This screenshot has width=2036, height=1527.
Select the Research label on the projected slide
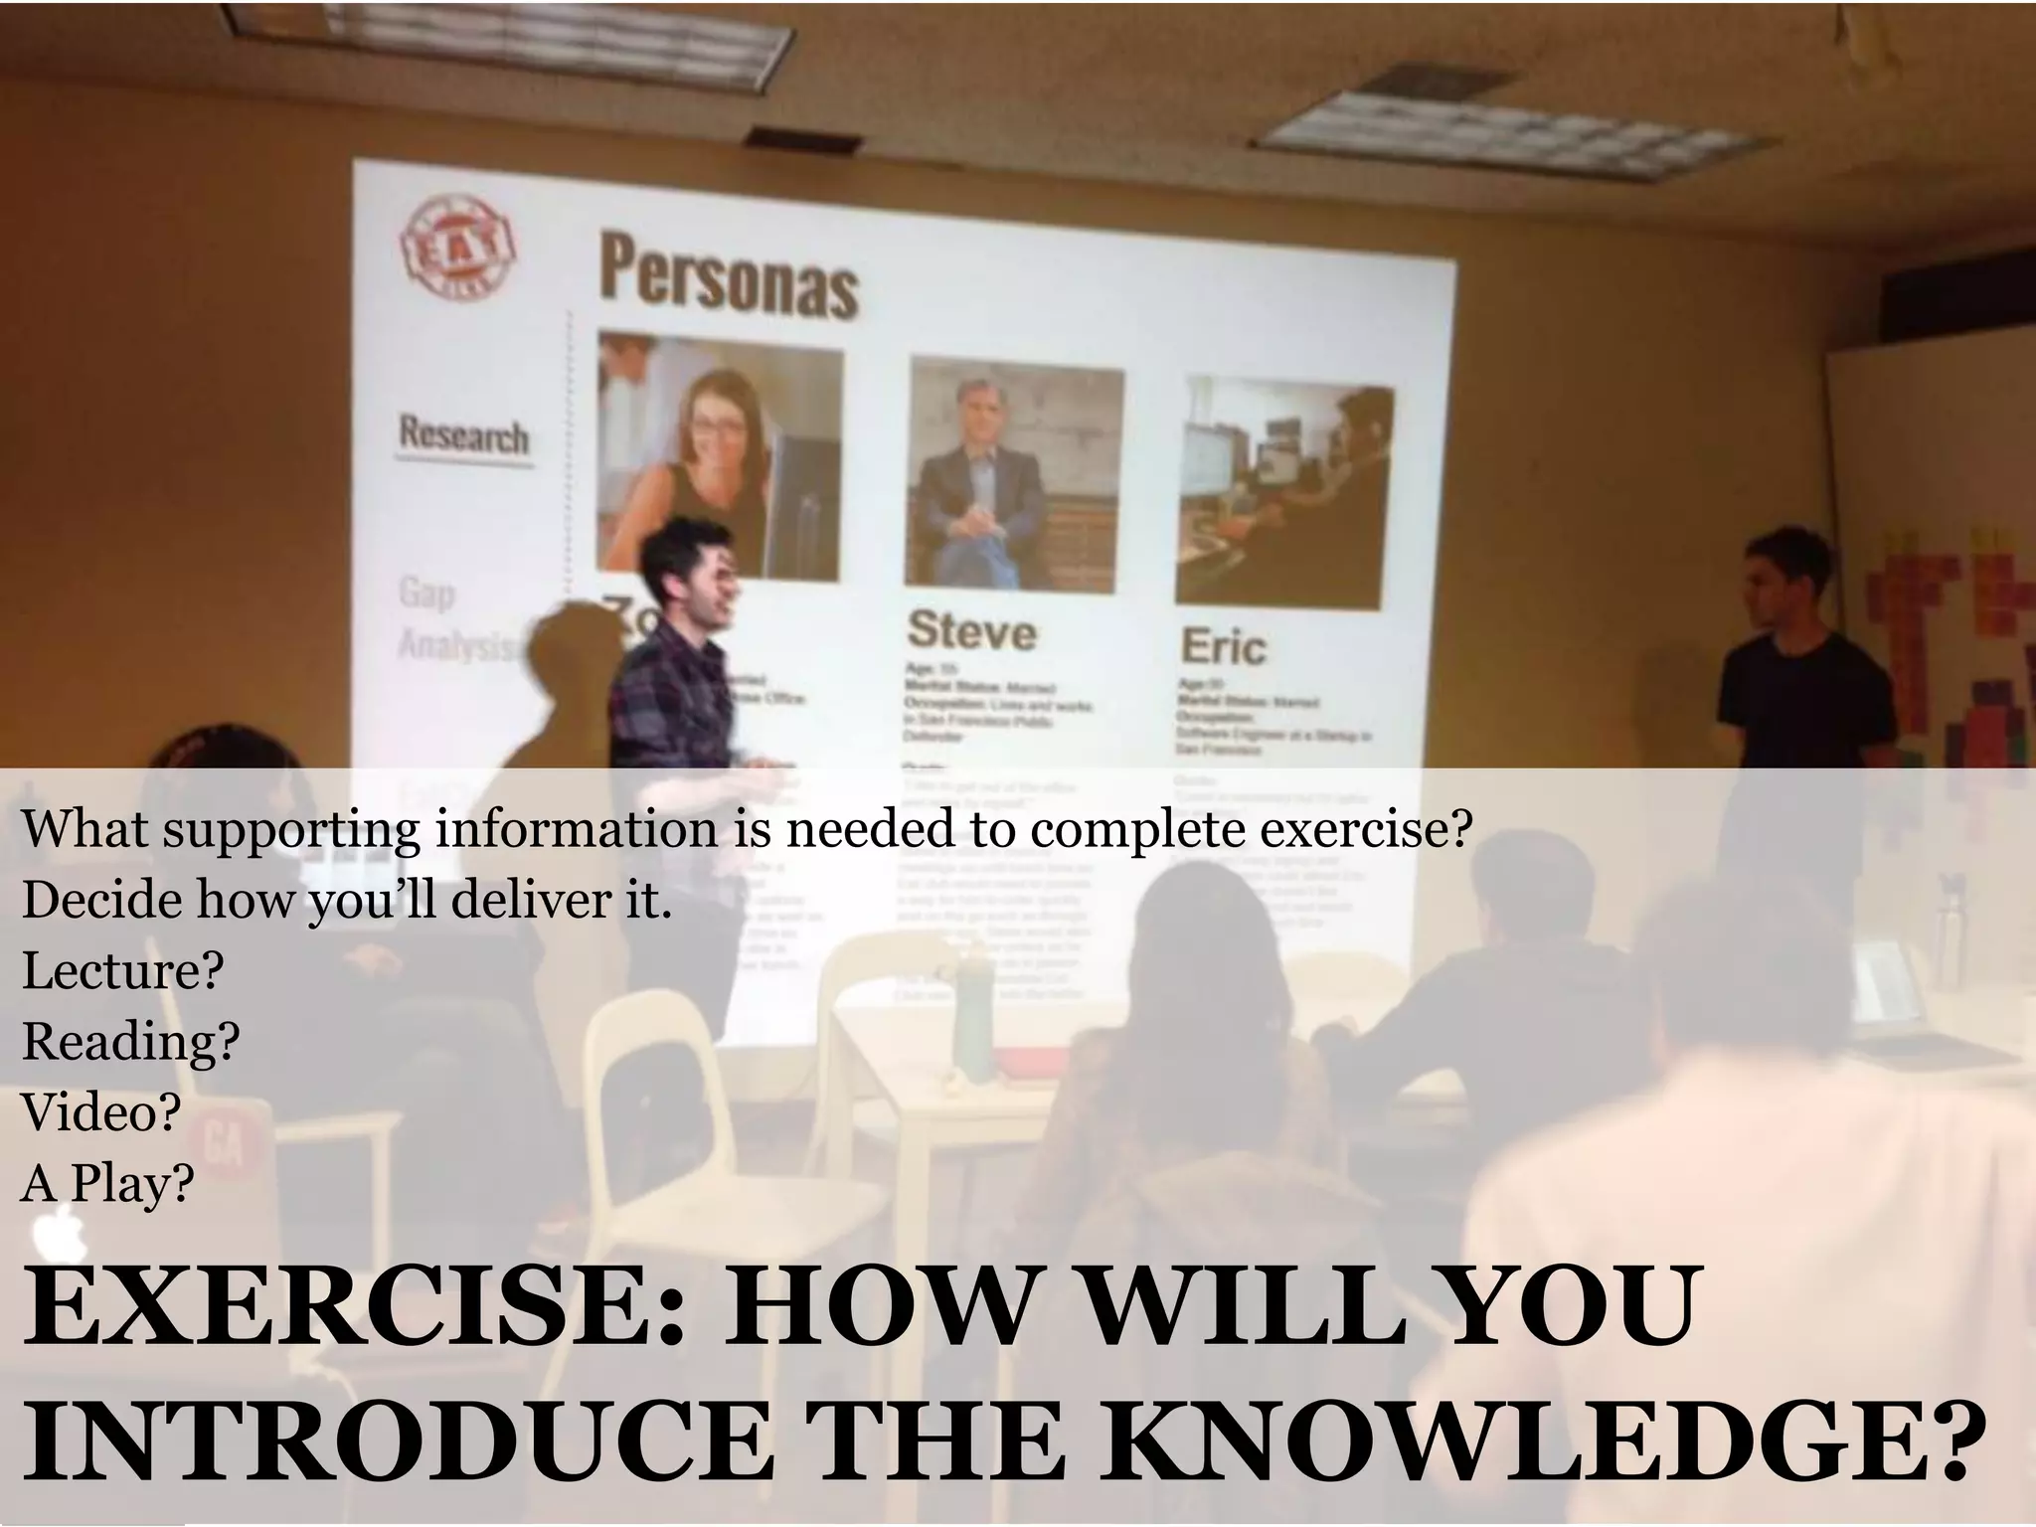[463, 435]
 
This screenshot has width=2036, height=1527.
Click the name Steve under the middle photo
[971, 630]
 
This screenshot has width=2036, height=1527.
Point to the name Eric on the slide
[1223, 647]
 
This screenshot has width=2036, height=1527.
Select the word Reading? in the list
[130, 1042]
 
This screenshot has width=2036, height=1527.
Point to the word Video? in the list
[100, 1112]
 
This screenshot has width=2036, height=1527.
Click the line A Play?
[107, 1183]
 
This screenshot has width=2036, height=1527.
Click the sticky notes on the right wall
[1949, 636]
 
